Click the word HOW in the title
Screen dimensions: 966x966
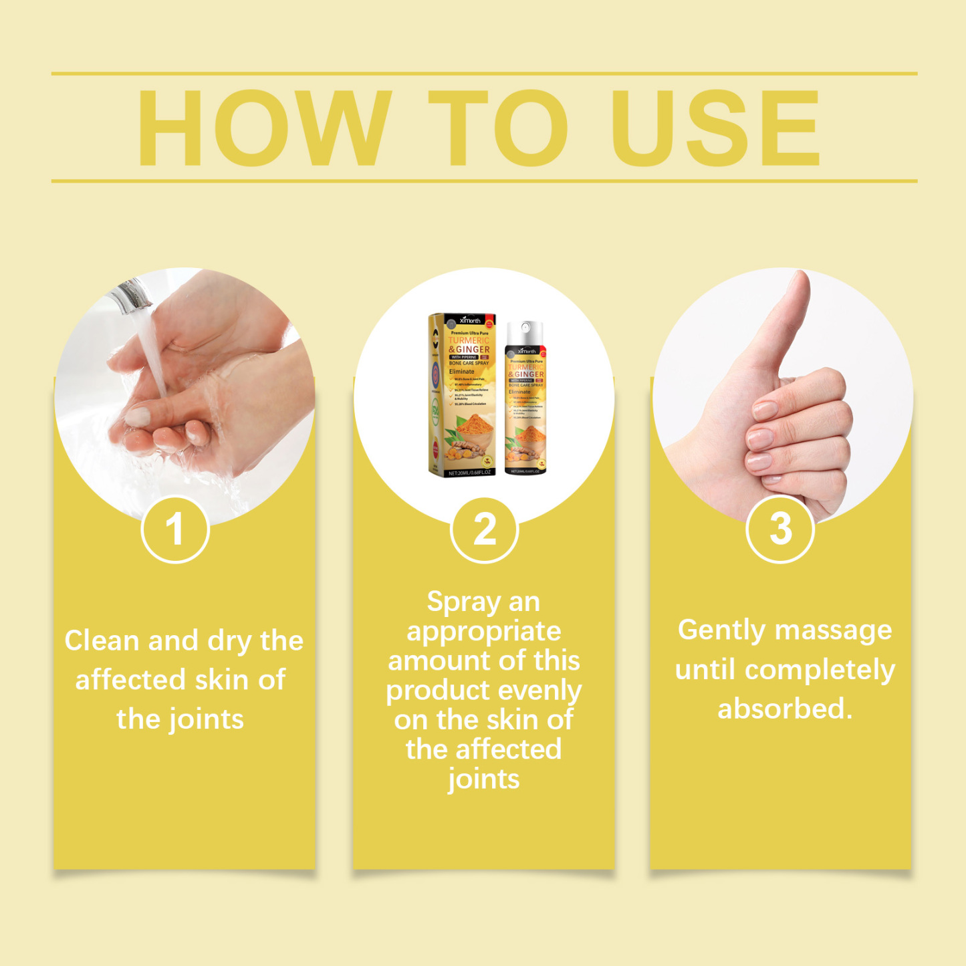264,128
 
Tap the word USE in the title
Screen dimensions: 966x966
715,128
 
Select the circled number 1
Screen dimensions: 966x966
175,529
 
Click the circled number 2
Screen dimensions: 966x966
484,529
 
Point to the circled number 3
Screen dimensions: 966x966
780,529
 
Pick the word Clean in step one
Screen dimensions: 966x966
102,640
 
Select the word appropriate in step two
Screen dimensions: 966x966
484,632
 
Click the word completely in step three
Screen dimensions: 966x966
820,670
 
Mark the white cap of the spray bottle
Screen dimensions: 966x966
525,330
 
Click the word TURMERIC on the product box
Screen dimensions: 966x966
469,340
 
